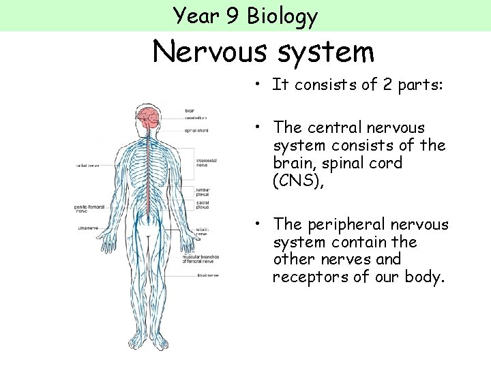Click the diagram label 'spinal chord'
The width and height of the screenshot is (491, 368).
[x=196, y=130]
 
